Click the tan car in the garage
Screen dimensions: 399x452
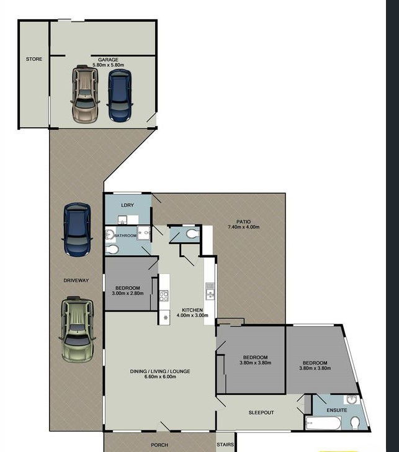point(84,94)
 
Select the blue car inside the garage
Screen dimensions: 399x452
point(120,95)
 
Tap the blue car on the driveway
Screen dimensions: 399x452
point(77,230)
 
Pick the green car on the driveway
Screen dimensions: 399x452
point(77,329)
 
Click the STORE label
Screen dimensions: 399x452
point(34,59)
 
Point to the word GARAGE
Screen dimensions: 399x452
point(108,60)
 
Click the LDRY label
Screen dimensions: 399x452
point(127,205)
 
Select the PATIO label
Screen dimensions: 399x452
point(243,222)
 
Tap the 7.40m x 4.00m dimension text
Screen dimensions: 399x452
point(243,227)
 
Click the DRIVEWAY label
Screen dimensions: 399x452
point(76,280)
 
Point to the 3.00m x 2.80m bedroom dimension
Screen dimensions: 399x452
point(127,293)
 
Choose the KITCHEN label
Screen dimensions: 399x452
point(192,310)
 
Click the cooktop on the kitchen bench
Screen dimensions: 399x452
point(164,296)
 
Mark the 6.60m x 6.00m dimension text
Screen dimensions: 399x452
point(160,376)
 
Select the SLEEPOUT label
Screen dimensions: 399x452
point(261,412)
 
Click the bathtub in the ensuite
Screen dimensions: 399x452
point(323,423)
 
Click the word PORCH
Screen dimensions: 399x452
point(159,445)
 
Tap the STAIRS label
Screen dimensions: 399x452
point(225,445)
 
